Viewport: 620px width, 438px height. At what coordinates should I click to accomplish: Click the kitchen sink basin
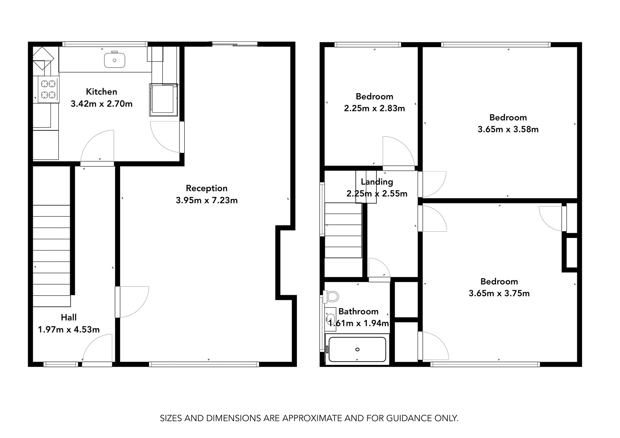114,60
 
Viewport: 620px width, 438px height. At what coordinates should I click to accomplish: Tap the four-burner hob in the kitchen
48,89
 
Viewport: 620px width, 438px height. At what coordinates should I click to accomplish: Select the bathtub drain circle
357,349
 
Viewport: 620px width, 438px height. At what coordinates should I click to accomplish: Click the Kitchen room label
101,92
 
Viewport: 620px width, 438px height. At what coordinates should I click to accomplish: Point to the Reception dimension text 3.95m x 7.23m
206,200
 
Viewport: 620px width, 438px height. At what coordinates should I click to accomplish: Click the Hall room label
69,317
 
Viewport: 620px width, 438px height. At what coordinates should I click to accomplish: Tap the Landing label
377,182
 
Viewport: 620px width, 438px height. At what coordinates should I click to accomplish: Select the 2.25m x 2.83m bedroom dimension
374,108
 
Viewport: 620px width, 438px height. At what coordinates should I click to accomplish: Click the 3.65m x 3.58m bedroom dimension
508,129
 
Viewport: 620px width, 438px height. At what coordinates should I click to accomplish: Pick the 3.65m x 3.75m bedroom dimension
499,293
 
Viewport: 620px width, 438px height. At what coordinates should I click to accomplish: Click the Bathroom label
358,311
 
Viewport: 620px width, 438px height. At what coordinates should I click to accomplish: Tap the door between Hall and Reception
132,302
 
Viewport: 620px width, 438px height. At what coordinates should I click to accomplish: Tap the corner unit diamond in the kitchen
43,58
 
